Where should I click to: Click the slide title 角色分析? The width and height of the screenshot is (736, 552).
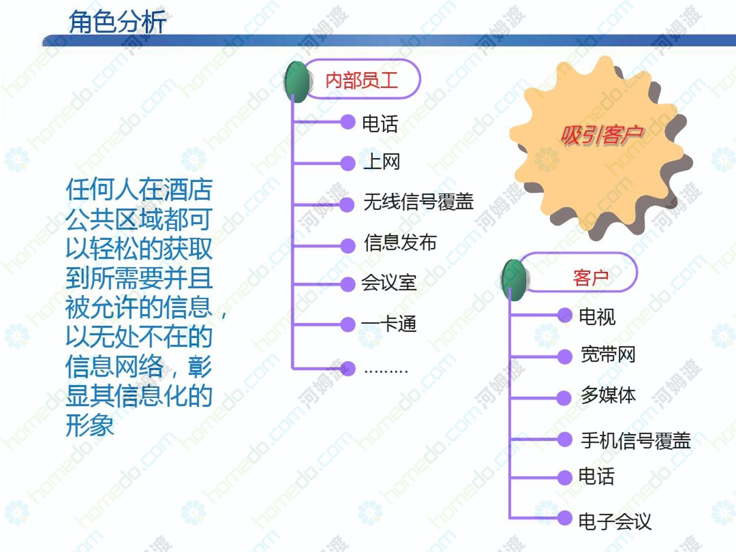click(117, 22)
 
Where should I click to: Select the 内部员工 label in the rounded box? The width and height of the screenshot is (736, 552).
click(362, 80)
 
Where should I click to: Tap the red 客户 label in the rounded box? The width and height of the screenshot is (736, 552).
click(591, 278)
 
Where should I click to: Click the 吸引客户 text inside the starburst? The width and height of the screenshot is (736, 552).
click(602, 135)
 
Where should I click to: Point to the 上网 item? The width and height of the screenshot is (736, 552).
click(382, 161)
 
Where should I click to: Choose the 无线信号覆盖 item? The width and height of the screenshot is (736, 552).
click(419, 202)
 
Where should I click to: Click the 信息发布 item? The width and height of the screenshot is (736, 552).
click(400, 243)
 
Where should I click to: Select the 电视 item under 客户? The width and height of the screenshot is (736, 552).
click(597, 316)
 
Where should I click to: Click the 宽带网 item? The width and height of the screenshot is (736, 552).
click(608, 355)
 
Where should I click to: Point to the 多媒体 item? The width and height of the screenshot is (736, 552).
click(608, 395)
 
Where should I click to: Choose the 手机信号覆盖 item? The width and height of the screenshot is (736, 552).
click(636, 441)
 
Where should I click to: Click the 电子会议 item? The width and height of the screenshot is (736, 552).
click(615, 522)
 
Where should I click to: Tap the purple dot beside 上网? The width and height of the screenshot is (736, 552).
click(348, 163)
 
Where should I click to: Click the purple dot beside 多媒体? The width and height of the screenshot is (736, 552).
click(564, 398)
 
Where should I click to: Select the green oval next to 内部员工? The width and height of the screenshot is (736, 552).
click(297, 81)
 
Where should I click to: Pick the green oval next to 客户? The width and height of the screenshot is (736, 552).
click(514, 280)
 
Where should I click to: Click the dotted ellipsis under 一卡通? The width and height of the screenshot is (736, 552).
click(386, 371)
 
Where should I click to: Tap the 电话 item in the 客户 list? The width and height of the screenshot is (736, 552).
click(597, 476)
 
